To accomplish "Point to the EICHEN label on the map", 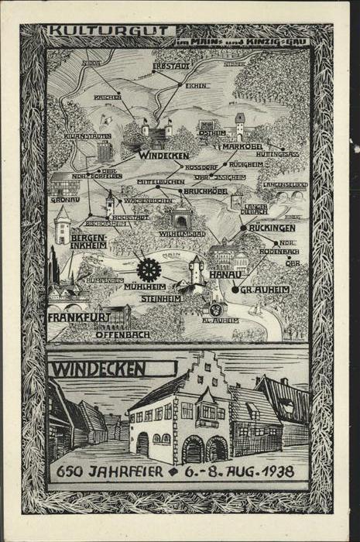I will (x=195, y=85).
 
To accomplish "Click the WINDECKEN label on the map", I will (x=163, y=156).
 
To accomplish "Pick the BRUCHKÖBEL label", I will (x=206, y=188).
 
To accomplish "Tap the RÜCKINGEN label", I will (x=273, y=228).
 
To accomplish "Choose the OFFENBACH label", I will (x=123, y=334).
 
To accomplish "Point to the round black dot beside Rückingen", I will (x=243, y=228).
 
